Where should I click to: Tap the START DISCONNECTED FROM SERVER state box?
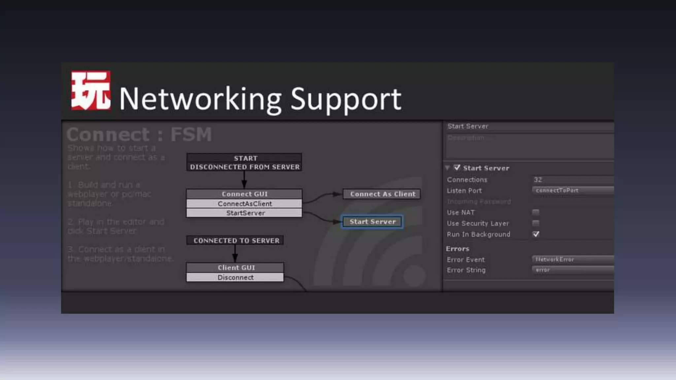coord(244,162)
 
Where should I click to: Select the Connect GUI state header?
coord(244,194)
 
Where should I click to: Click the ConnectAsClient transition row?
coord(244,204)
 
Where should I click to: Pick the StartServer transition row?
coord(244,213)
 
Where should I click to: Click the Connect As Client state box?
coord(382,194)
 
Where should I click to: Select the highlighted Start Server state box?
coord(372,222)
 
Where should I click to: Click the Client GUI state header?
coord(235,268)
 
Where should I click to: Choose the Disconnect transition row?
coord(235,277)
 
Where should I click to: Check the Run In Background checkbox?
coord(536,234)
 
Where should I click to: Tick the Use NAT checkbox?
coord(536,212)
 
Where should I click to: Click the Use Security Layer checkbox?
coord(536,223)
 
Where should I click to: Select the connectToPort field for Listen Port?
coord(572,190)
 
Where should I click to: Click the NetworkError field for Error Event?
coord(572,259)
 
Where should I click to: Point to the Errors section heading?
coord(457,249)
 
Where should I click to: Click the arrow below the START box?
coord(244,180)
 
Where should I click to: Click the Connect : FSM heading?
coord(139,135)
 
